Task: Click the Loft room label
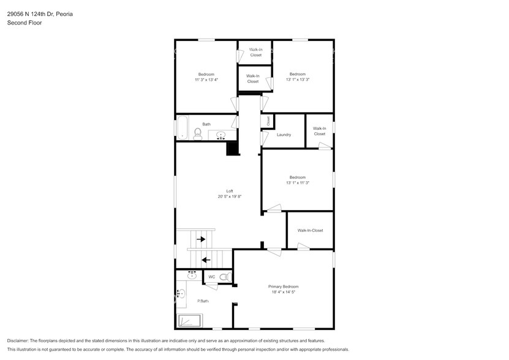(230, 191)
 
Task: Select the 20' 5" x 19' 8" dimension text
(230, 197)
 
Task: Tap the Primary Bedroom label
(284, 287)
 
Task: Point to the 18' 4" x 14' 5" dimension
(284, 292)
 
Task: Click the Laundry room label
(284, 135)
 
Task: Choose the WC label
(211, 277)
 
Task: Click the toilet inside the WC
(225, 277)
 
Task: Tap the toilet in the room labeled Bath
(198, 134)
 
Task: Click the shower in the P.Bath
(189, 320)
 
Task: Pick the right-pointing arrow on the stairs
(200, 239)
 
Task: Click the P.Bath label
(203, 301)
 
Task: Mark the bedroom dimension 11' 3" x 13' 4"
(206, 80)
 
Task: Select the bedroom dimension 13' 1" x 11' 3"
(298, 182)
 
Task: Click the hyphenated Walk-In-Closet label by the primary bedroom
(310, 230)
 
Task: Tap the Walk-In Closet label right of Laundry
(319, 131)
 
